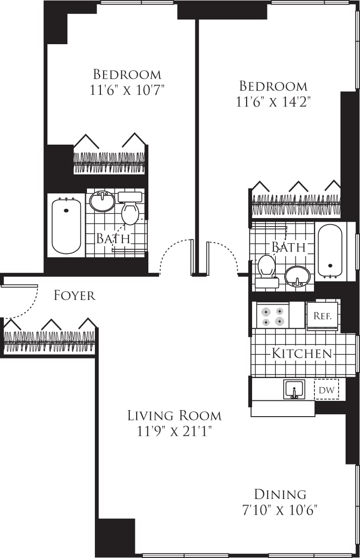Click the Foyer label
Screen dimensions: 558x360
[x=74, y=295]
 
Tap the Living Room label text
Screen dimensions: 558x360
[x=174, y=415]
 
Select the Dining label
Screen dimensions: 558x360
[x=280, y=494]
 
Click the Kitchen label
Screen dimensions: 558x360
[x=302, y=353]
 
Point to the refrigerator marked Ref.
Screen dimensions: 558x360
[x=322, y=315]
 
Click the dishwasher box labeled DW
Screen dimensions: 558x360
[x=326, y=390]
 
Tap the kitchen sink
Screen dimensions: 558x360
[x=294, y=389]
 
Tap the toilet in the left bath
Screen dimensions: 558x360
[x=130, y=209]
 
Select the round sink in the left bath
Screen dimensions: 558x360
[x=102, y=201]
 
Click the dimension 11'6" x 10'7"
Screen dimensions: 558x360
[x=127, y=89]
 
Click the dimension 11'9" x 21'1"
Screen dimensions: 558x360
[x=174, y=432]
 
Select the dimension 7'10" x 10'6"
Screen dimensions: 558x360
[x=280, y=510]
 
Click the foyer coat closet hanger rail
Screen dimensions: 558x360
[x=49, y=342]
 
